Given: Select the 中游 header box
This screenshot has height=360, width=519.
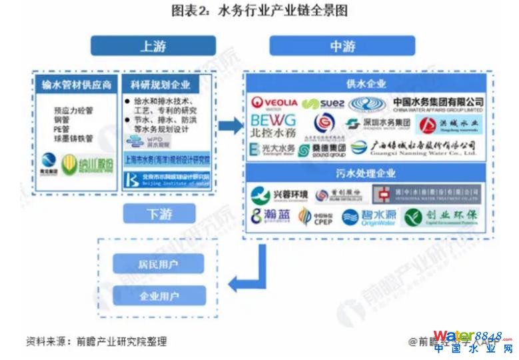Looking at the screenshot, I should pyautogui.click(x=342, y=46).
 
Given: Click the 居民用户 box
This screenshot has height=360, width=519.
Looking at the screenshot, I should pyautogui.click(x=159, y=264).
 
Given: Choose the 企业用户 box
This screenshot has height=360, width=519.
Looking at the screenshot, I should pyautogui.click(x=159, y=295).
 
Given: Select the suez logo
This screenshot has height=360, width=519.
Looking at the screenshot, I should pyautogui.click(x=323, y=103).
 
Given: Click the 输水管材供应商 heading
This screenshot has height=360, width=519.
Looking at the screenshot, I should pyautogui.click(x=77, y=85).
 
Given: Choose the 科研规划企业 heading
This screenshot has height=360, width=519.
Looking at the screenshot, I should pyautogui.click(x=161, y=85).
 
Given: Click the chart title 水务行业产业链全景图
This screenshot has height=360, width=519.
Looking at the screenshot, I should pyautogui.click(x=259, y=11).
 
